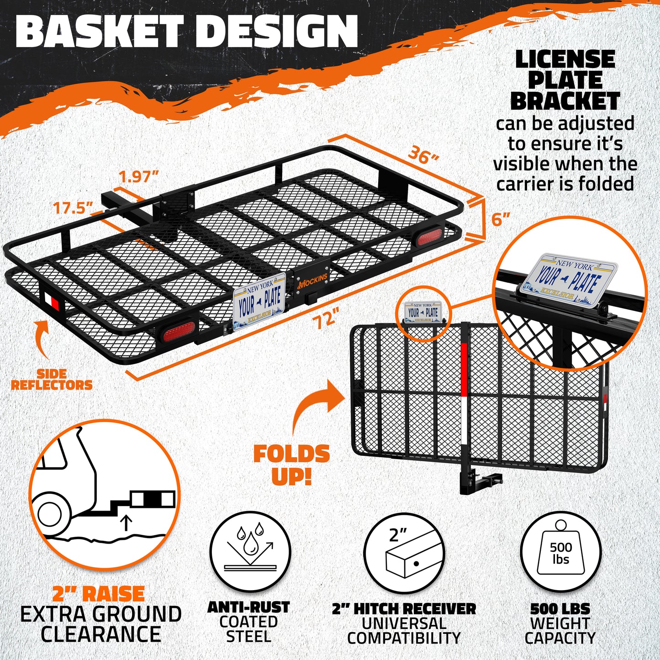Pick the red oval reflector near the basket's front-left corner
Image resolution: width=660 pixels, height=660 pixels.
click(x=179, y=331)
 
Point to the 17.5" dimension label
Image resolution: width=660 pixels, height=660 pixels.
click(x=73, y=208)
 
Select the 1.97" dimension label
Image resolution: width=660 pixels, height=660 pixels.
click(x=138, y=177)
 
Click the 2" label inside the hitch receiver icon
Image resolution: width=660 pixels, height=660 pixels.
click(x=398, y=534)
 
